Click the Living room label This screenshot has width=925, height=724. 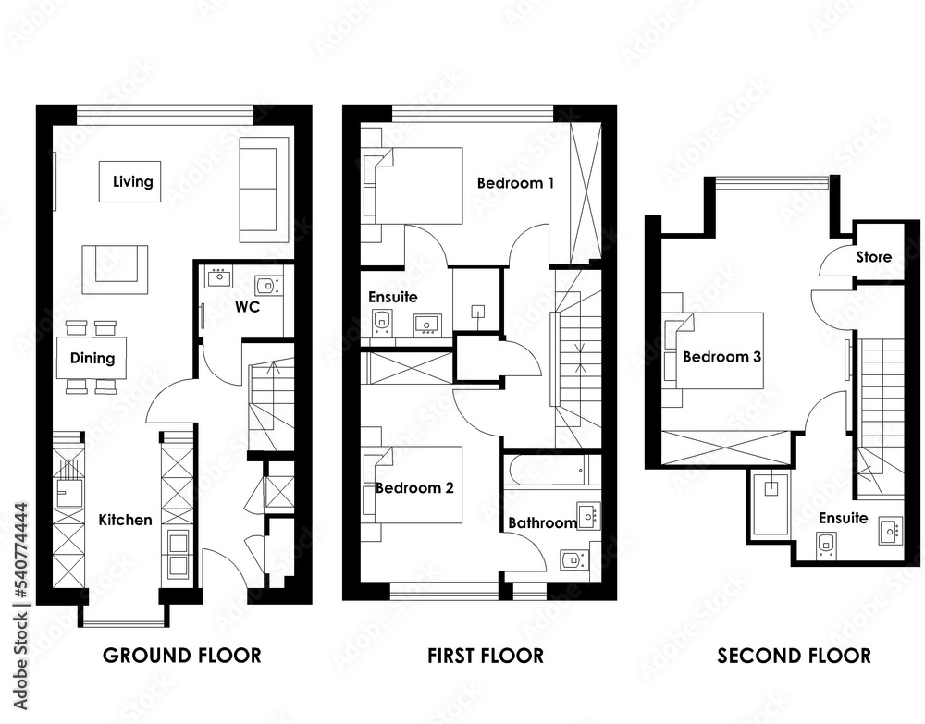[132, 181]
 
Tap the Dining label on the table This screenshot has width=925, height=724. [92, 358]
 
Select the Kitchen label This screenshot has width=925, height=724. [125, 520]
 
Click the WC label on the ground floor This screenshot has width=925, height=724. [247, 307]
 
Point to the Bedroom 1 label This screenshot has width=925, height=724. [515, 183]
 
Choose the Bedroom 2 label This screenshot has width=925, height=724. [414, 487]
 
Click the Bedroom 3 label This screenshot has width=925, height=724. [722, 357]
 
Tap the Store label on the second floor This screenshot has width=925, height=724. [874, 257]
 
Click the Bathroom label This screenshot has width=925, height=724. [542, 523]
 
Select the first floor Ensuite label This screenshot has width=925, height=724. [393, 297]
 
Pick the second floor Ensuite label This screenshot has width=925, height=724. [843, 518]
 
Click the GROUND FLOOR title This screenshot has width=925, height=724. [181, 656]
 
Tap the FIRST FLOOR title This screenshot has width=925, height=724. [486, 656]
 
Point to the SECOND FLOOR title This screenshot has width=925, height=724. [794, 656]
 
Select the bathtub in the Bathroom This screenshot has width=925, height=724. [551, 470]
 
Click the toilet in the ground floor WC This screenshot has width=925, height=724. [268, 286]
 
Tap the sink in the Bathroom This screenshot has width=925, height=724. [588, 516]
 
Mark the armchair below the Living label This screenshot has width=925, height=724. [115, 269]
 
